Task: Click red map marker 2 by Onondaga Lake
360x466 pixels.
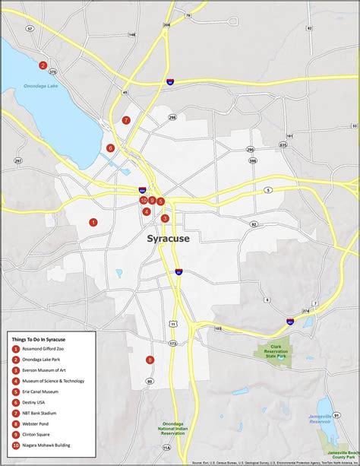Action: [x=43, y=65]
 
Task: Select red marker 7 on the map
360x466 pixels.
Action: [x=126, y=120]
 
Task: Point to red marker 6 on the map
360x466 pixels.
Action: [x=111, y=148]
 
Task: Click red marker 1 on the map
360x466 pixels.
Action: [x=93, y=222]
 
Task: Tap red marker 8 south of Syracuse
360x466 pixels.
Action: [x=150, y=360]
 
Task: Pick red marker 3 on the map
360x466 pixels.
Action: [x=165, y=218]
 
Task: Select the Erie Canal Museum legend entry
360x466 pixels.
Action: [x=47, y=392]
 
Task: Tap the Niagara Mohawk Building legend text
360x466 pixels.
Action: [x=51, y=445]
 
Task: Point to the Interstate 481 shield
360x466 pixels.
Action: [x=290, y=322]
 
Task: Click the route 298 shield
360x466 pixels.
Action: [x=172, y=117]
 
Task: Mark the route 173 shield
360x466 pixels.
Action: [x=173, y=344]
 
